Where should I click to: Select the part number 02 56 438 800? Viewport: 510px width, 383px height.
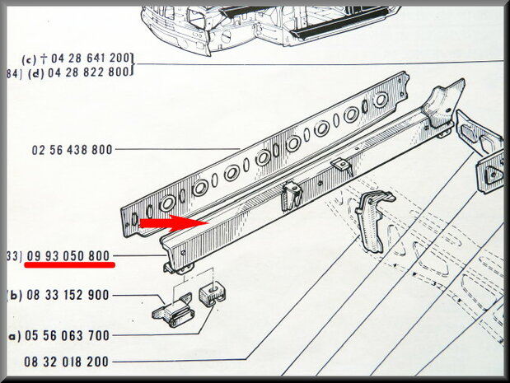(73, 151)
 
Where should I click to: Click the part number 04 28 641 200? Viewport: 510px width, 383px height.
(90, 58)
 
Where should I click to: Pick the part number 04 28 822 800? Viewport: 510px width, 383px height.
(90, 72)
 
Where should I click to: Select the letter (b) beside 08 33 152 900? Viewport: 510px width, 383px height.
(16, 295)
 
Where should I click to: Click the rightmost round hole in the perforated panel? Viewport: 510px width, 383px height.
(380, 99)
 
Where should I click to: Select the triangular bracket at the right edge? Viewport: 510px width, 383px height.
(493, 170)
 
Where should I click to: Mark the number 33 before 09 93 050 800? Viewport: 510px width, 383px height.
(13, 256)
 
